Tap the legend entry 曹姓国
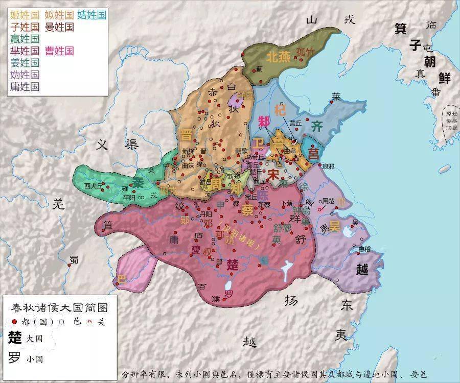59,51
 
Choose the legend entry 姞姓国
92,15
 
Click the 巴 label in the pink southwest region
122,279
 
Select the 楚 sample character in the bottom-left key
15,338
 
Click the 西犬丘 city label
94,185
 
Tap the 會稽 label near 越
365,249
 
